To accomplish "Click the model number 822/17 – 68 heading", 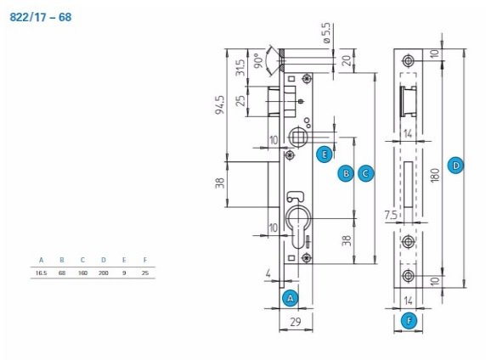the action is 41,17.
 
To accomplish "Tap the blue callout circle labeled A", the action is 290,298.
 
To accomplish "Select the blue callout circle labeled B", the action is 346,173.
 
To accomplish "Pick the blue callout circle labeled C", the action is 365,173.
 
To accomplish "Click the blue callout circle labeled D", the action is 455,166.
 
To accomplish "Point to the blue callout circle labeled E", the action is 325,155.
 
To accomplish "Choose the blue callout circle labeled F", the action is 409,321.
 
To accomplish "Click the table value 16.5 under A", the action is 42,273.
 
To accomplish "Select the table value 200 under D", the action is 103,273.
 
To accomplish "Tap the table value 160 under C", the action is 82,273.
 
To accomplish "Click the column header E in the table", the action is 124,260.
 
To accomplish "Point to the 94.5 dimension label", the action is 220,104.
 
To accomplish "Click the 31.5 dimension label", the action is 240,68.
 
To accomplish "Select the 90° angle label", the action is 258,61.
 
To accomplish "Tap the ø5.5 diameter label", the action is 326,33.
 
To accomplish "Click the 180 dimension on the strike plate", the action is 435,176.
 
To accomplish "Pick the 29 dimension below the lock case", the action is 296,322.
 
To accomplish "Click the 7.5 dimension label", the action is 391,215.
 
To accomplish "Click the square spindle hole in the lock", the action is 298,137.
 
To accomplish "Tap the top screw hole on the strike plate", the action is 408,61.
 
